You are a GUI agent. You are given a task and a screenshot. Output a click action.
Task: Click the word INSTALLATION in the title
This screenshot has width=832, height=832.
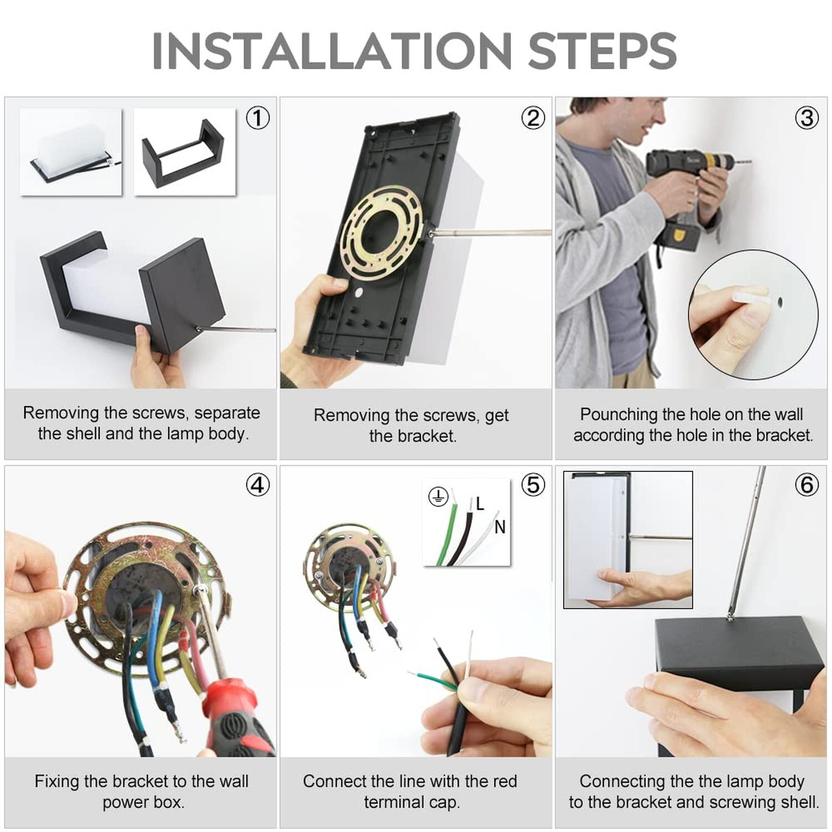332,51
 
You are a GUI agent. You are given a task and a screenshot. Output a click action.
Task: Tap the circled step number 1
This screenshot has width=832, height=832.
258,118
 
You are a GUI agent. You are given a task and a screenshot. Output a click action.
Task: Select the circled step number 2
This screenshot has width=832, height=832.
533,118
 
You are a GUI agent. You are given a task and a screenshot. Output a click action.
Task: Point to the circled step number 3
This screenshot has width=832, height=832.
807,118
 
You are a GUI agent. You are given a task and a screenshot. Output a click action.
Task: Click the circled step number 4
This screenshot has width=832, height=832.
258,485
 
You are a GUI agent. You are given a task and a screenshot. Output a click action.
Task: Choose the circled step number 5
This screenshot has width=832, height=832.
533,485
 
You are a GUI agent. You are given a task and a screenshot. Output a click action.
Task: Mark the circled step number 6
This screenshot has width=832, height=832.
807,485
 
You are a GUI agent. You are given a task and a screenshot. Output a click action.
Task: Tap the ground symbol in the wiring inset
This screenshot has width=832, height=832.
438,496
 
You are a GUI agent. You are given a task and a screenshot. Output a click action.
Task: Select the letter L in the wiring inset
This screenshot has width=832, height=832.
480,504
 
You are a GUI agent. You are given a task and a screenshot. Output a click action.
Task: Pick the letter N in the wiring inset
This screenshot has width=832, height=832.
500,527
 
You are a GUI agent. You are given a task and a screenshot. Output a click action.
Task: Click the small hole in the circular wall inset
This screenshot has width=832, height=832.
780,303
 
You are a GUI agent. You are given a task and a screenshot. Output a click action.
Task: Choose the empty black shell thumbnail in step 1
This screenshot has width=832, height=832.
184,151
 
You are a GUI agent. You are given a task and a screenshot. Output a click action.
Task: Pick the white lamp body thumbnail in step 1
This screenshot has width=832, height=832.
71,151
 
